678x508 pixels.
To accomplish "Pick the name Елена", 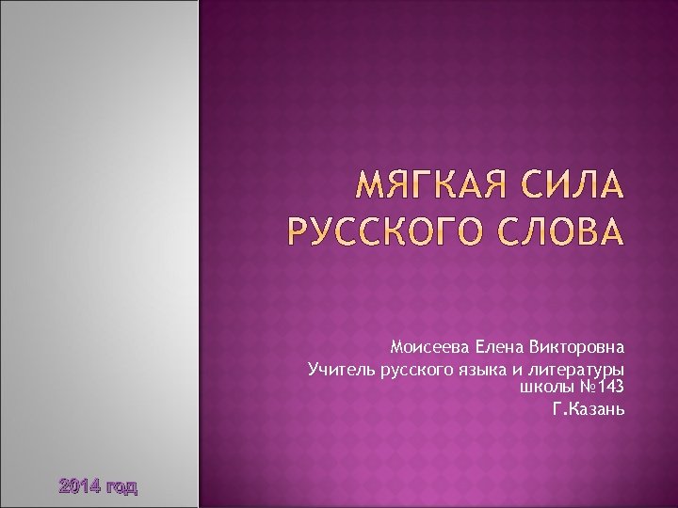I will (501, 345).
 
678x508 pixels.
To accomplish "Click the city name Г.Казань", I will (589, 410).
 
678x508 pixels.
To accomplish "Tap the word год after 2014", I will (121, 487).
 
